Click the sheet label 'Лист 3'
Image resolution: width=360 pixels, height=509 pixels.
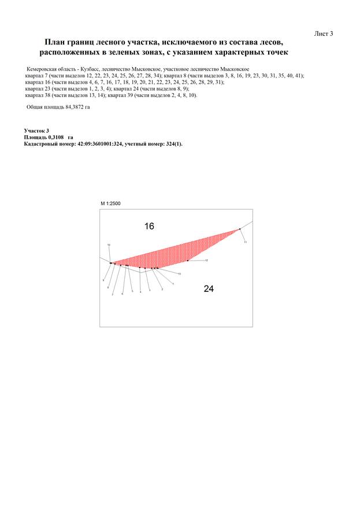point(324,34)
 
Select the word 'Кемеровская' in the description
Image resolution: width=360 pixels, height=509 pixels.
point(41,69)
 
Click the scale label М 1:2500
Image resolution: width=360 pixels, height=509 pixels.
point(110,204)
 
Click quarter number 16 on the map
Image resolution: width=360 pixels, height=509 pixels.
point(149,226)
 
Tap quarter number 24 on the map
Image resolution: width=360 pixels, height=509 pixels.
point(209,288)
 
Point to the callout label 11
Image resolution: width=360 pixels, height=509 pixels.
point(245,242)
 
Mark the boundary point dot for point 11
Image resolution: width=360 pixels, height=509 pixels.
point(240,229)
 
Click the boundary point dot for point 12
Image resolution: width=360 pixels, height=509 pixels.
point(188,261)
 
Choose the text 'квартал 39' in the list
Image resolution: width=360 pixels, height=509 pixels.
point(126,95)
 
